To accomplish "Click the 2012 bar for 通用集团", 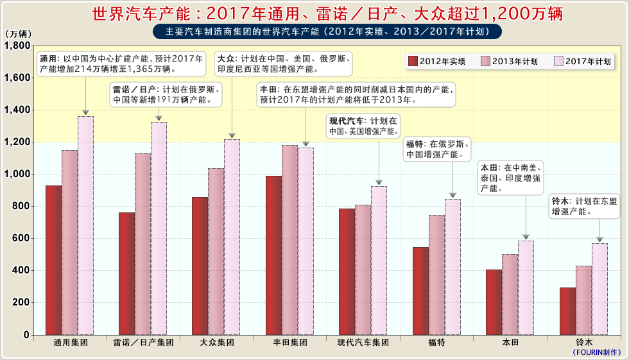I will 53,260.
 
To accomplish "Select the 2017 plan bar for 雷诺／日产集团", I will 159,228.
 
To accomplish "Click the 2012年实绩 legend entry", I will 437,61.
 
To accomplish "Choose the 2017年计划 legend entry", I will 582,61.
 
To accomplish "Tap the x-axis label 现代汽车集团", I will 363,343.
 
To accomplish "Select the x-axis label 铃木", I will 583,343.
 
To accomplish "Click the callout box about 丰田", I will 356,94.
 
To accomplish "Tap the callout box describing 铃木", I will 585,206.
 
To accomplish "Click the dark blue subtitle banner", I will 327,31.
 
